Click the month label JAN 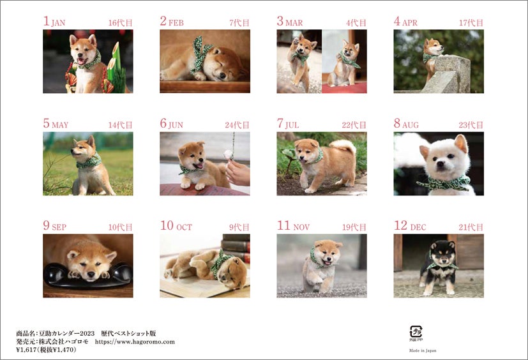point(58,23)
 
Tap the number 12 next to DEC point(400,225)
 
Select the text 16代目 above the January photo point(120,23)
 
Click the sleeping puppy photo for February point(204,61)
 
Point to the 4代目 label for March point(356,23)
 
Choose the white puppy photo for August point(439,163)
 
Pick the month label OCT point(184,227)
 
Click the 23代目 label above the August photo point(471,125)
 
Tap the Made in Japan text point(422,350)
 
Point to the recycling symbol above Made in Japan point(416,332)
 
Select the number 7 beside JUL point(280,123)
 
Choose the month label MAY point(60,125)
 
